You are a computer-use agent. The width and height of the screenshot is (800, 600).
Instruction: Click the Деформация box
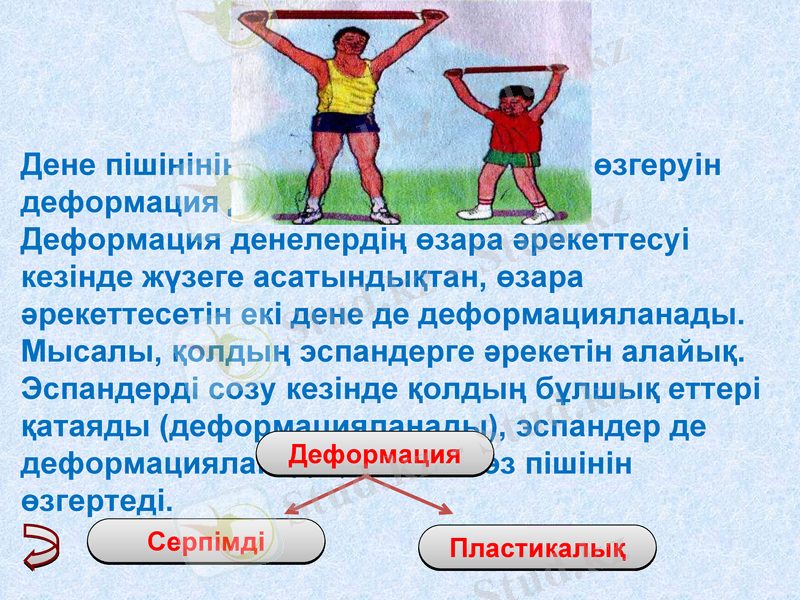(374, 455)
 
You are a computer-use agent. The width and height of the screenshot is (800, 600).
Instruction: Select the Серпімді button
(206, 542)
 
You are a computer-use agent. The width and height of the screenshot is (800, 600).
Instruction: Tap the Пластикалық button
(538, 548)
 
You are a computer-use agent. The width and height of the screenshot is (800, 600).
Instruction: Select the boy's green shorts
(512, 157)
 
